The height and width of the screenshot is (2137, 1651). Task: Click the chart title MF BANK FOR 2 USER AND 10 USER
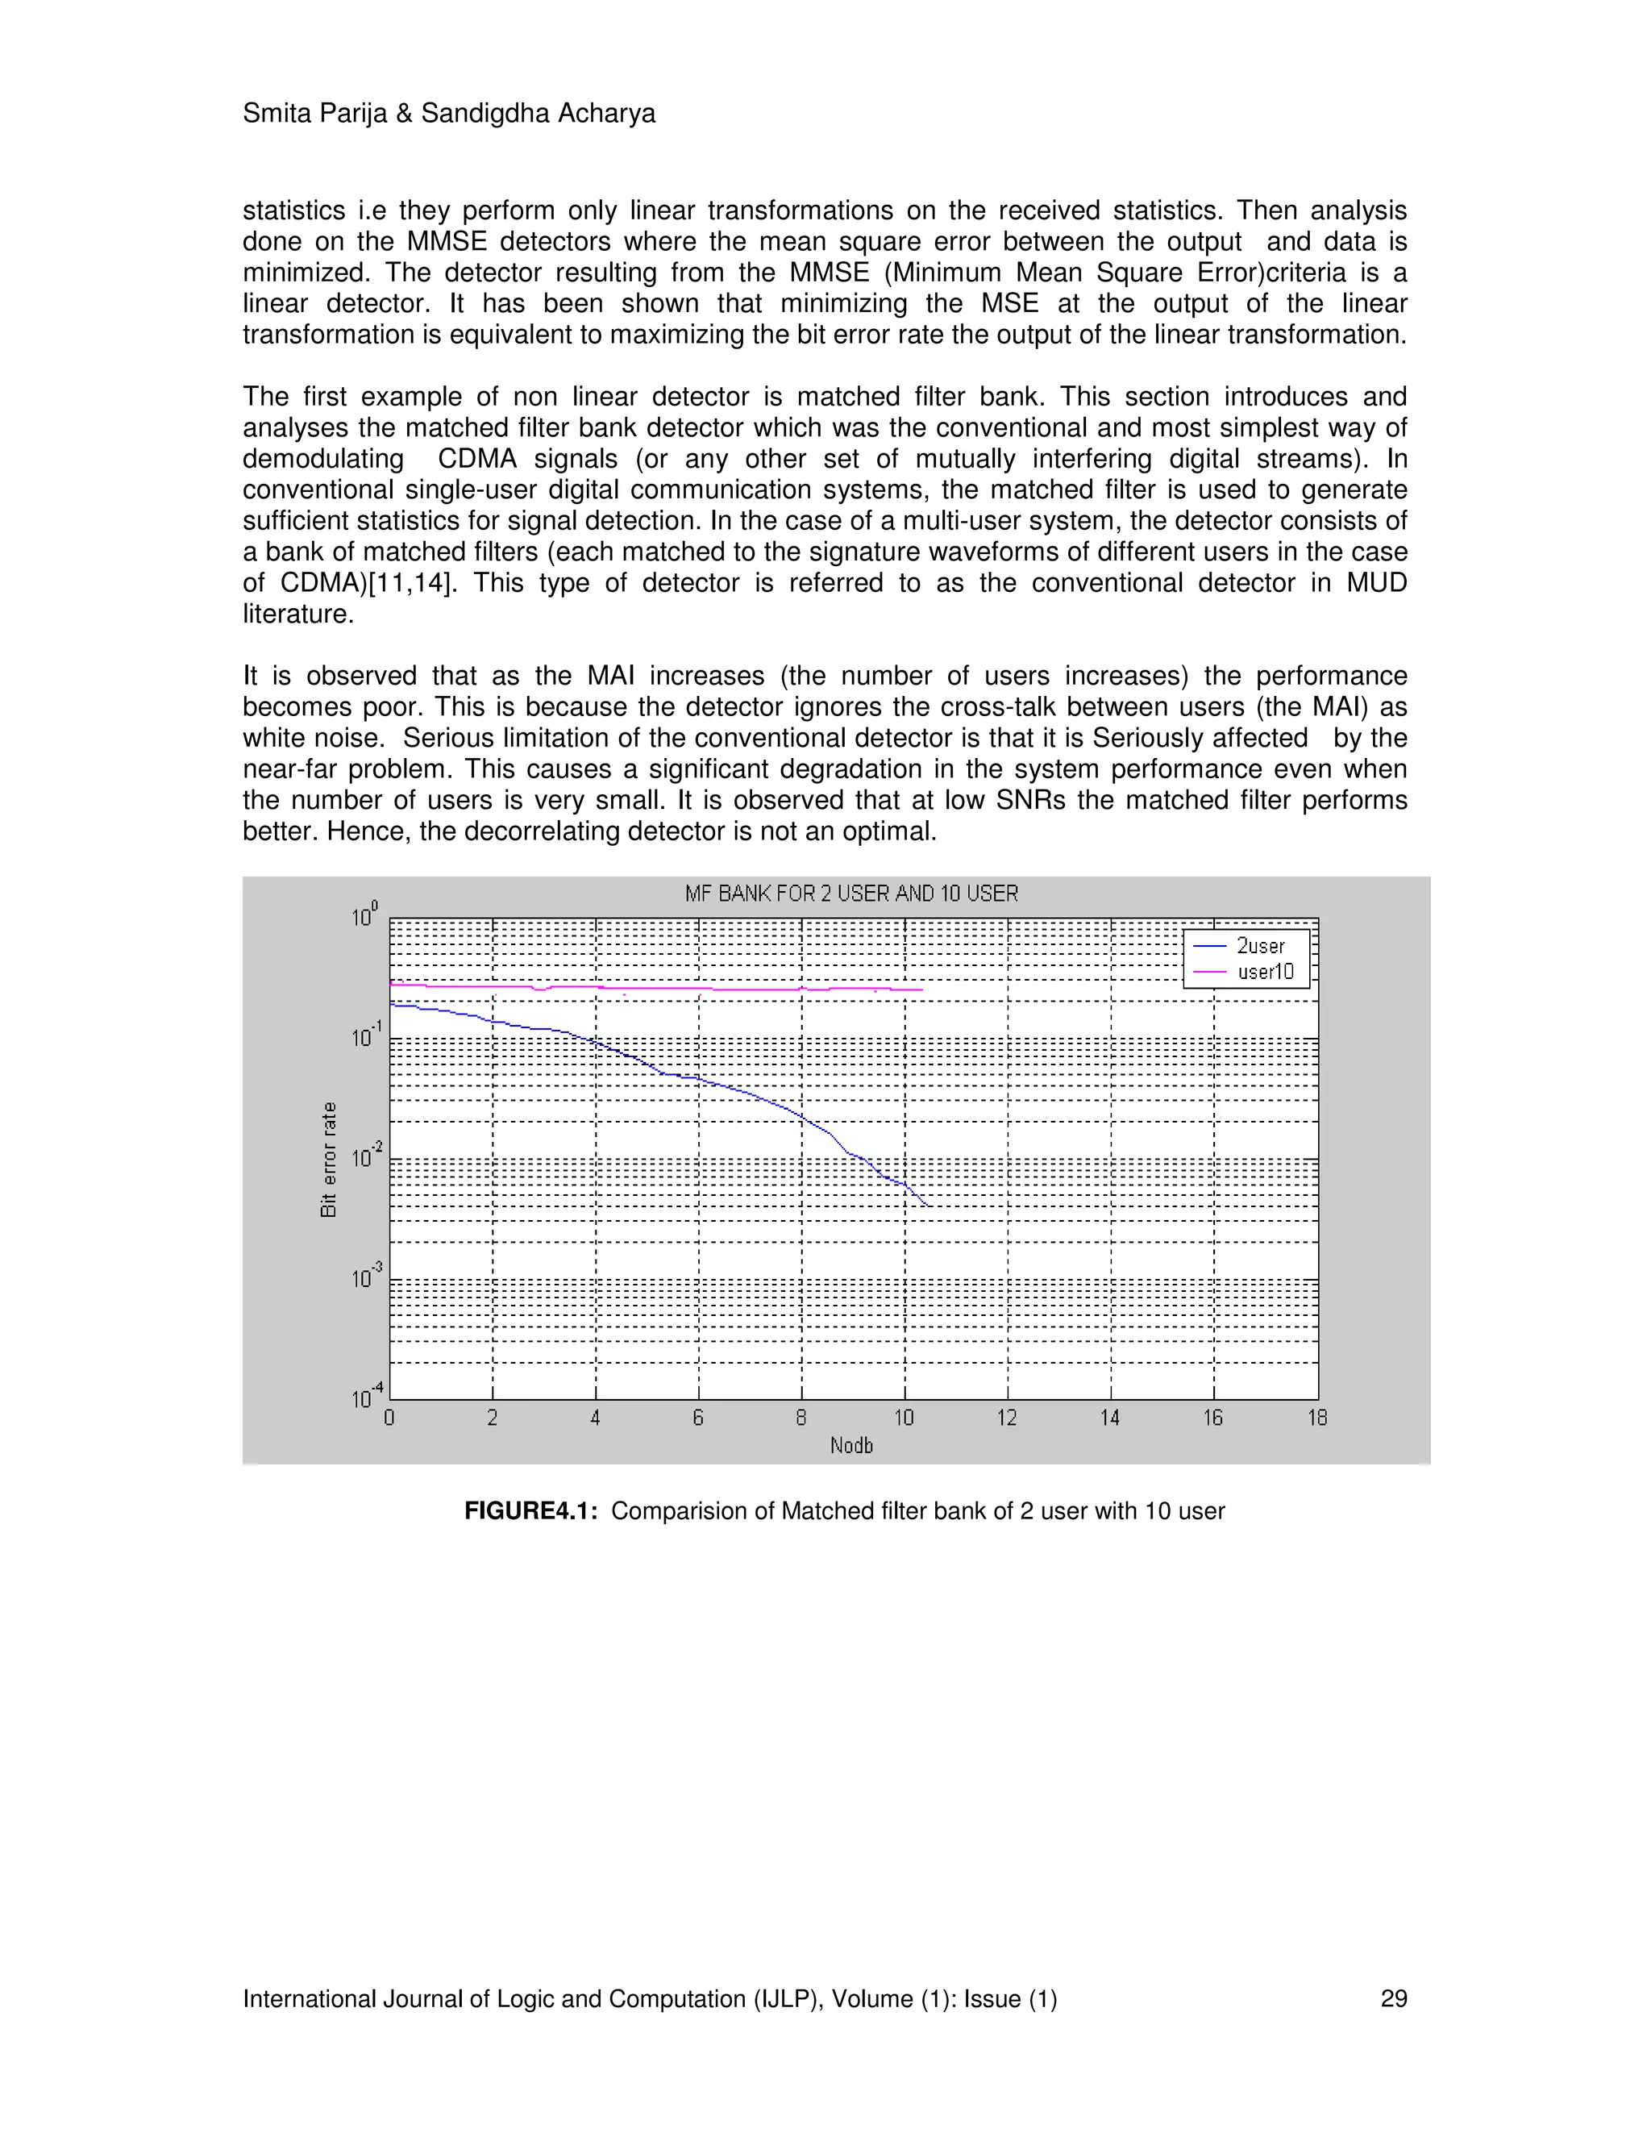point(851,894)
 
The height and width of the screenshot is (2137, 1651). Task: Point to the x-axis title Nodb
point(851,1445)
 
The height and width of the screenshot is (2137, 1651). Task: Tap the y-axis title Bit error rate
point(329,1160)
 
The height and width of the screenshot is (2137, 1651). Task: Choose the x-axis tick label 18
point(1316,1418)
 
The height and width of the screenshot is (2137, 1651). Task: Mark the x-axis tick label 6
point(697,1418)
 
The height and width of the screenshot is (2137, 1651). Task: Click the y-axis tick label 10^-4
point(367,1398)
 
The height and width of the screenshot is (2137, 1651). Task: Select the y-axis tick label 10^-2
point(367,1156)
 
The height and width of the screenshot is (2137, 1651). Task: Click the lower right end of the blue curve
point(926,1206)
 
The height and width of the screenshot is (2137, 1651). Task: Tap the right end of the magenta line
point(921,990)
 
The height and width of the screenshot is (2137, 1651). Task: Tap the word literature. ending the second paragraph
point(297,614)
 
